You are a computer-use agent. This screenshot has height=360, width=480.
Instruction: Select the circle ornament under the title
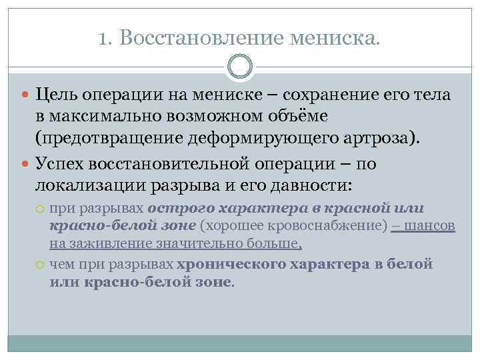pos(240,67)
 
